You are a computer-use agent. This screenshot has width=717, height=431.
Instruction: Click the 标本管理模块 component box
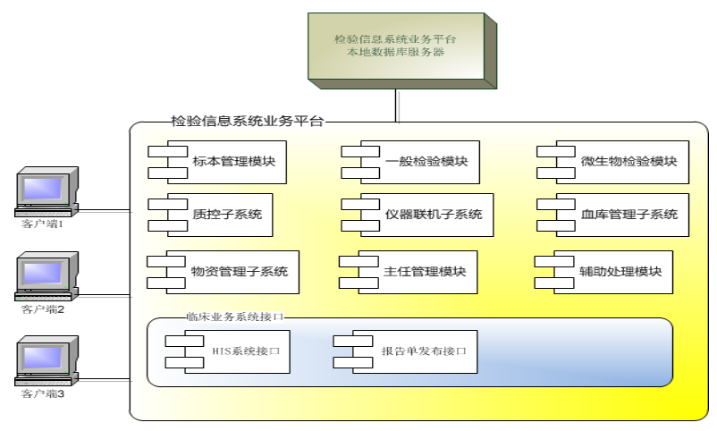pos(217,163)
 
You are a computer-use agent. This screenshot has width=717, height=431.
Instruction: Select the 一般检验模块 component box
pos(410,163)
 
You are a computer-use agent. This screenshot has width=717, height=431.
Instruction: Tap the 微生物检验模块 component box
pos(612,163)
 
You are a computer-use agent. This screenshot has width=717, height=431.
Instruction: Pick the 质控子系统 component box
pos(210,215)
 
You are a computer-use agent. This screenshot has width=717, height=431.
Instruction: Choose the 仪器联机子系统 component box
pos(418,215)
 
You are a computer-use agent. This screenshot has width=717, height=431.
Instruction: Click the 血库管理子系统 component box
pos(612,215)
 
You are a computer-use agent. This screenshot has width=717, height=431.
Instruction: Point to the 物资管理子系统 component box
pos(223,272)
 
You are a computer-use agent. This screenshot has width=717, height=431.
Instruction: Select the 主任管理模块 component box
pos(409,272)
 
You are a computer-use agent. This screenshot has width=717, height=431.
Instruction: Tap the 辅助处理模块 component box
pos(603,272)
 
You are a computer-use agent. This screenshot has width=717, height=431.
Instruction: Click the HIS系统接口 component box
pos(228,351)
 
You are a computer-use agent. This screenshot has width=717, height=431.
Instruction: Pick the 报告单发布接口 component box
pos(406,351)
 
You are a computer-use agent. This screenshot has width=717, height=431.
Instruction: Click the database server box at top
pos(402,51)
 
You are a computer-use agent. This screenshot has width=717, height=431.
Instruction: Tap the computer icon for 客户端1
pos(46,192)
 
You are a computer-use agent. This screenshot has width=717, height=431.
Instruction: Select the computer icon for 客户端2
pos(46,276)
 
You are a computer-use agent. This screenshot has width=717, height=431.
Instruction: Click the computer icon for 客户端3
pos(46,361)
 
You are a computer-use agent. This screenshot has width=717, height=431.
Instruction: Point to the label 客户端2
pos(43,309)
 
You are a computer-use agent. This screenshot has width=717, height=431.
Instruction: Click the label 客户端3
pos(43,394)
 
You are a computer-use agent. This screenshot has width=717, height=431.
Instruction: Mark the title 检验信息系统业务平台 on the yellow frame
pos(248,122)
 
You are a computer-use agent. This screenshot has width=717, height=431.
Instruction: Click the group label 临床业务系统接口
pos(235,317)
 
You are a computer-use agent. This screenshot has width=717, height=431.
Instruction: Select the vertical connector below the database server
pos(397,106)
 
